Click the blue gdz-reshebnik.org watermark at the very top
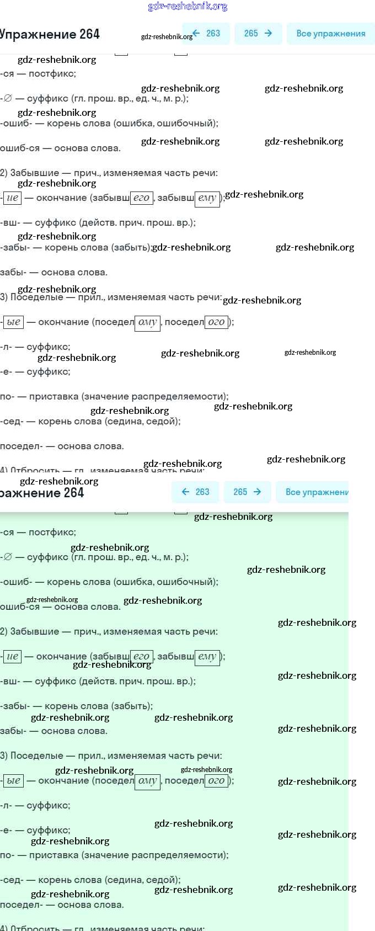[187, 7]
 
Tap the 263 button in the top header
[206, 34]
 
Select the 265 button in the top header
[258, 34]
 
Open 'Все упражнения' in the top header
[330, 34]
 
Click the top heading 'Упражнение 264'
[50, 34]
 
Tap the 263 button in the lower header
[195, 492]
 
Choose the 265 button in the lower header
[247, 492]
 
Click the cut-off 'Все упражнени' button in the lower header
[317, 492]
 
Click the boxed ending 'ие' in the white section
[12, 198]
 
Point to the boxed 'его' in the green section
[142, 656]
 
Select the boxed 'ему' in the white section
[207, 198]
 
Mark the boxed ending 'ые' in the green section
[13, 780]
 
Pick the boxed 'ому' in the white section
[147, 322]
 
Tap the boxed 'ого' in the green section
[216, 780]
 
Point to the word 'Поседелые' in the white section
[37, 297]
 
